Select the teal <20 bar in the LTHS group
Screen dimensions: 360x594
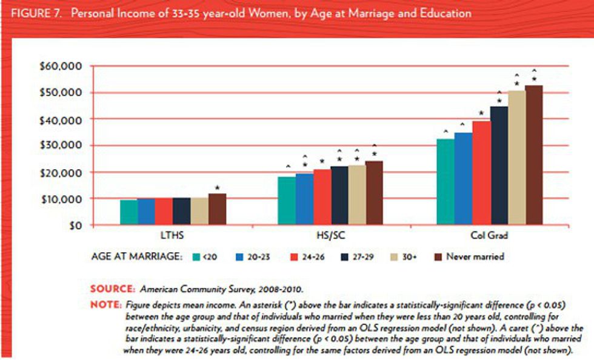(x=128, y=212)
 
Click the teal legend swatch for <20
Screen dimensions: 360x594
(x=196, y=256)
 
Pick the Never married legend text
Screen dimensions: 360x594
(x=475, y=256)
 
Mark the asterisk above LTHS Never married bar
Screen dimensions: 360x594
(x=217, y=188)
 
